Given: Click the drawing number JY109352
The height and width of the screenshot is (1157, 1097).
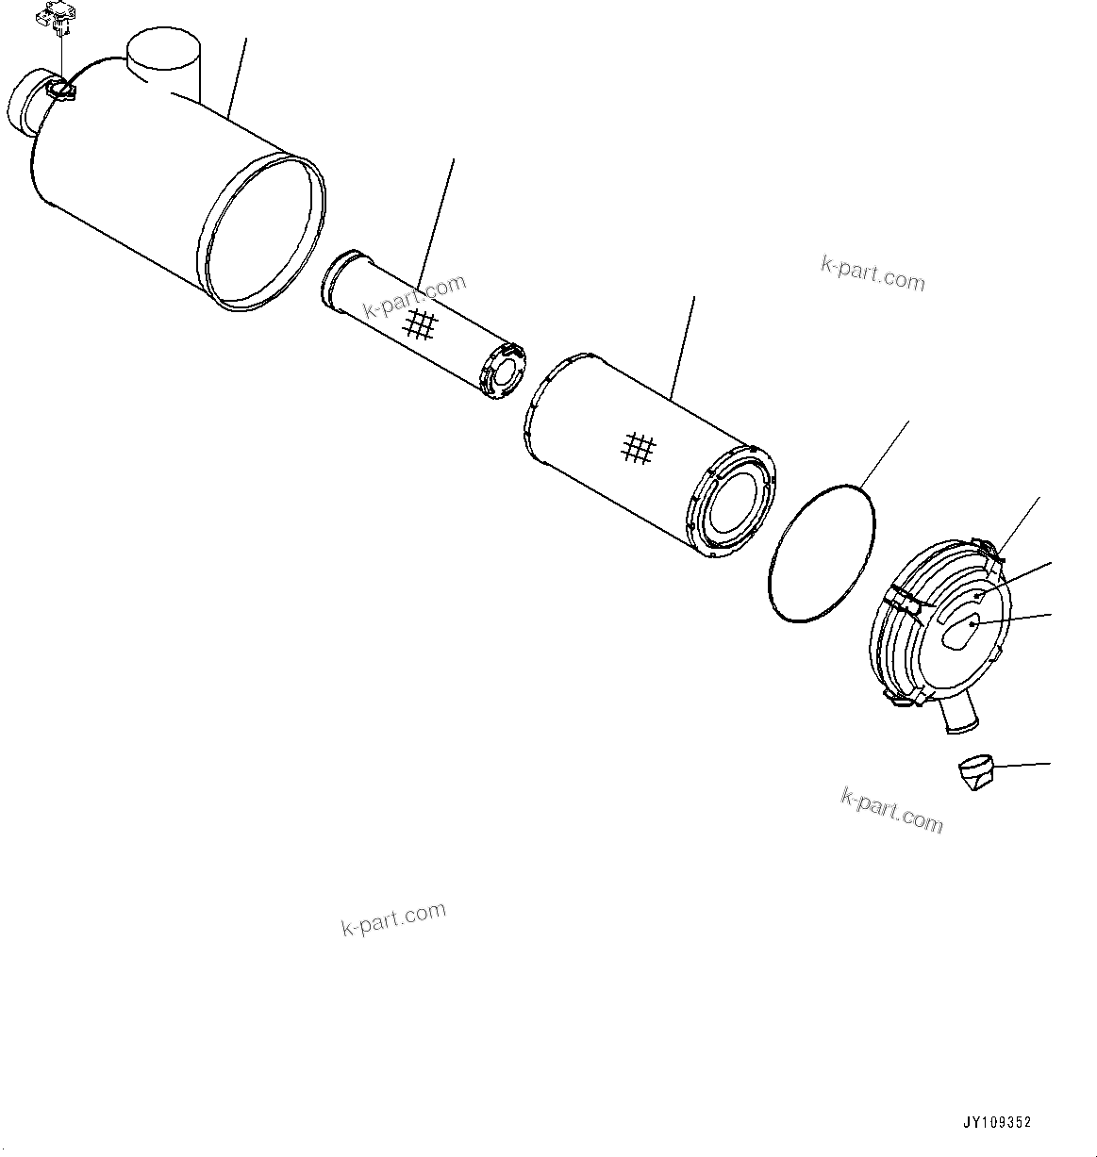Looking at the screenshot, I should (x=997, y=1122).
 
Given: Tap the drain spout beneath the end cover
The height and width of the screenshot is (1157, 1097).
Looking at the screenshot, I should (x=959, y=715).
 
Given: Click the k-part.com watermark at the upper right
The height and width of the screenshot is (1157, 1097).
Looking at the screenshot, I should (x=873, y=273).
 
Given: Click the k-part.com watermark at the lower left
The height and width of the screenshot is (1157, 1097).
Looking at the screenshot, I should (x=393, y=918).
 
